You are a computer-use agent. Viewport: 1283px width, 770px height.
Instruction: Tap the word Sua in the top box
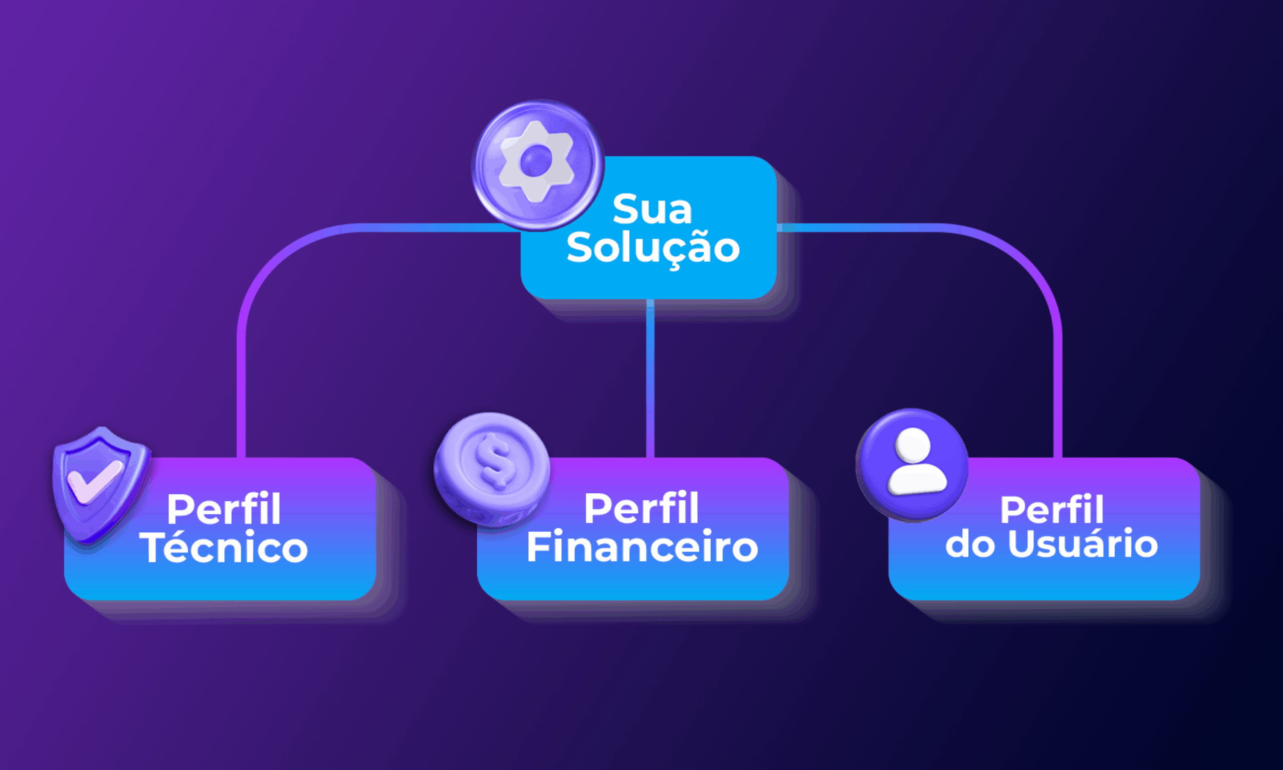tap(652, 209)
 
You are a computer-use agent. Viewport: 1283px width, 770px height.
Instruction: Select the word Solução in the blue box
tap(653, 248)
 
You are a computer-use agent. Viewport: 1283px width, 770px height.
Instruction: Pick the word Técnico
tap(224, 548)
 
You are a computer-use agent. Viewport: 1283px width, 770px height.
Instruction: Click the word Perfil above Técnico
tap(224, 509)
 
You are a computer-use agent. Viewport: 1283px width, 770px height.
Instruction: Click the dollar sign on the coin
tap(494, 462)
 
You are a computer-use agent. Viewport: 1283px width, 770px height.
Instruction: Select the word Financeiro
tap(642, 547)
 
